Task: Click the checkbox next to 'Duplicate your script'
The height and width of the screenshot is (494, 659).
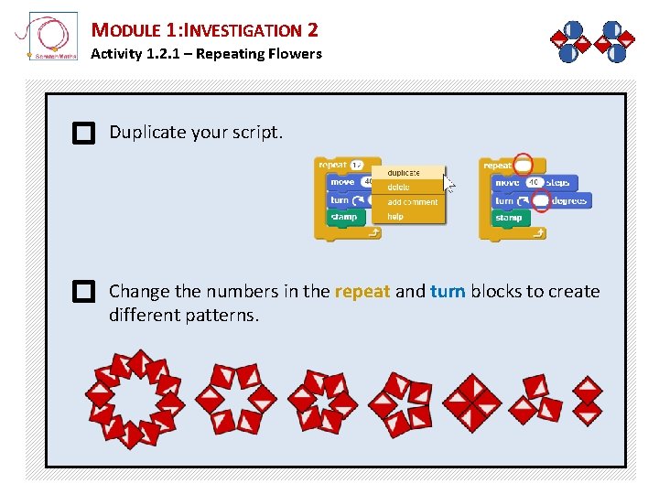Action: tap(83, 134)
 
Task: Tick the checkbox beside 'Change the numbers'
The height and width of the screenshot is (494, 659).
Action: tap(83, 293)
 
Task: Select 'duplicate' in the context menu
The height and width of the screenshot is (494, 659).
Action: tap(404, 172)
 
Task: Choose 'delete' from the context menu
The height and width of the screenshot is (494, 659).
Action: tap(399, 187)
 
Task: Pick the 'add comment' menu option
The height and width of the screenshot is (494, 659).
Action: tap(412, 202)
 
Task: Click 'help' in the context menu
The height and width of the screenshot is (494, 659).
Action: tap(395, 217)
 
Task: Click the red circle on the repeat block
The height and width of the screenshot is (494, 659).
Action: tap(524, 166)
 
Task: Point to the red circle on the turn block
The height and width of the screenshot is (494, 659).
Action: tap(541, 200)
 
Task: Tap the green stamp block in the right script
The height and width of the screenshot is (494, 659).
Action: tap(509, 218)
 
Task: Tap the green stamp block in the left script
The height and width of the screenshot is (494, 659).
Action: tap(344, 218)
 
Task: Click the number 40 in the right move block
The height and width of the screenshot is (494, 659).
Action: tap(534, 183)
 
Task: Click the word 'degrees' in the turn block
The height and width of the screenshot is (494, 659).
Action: tap(569, 200)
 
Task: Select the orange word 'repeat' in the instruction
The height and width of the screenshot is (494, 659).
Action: tap(362, 292)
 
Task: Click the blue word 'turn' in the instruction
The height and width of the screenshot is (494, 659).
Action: tap(448, 292)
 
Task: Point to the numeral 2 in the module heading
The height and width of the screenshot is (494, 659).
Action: tap(313, 30)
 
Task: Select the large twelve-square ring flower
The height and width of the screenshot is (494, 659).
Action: tap(135, 399)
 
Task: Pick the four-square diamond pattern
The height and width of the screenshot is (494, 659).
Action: tap(472, 401)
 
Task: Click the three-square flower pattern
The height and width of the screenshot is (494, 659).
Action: tap(536, 399)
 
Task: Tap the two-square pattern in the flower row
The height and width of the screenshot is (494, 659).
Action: tap(587, 401)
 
